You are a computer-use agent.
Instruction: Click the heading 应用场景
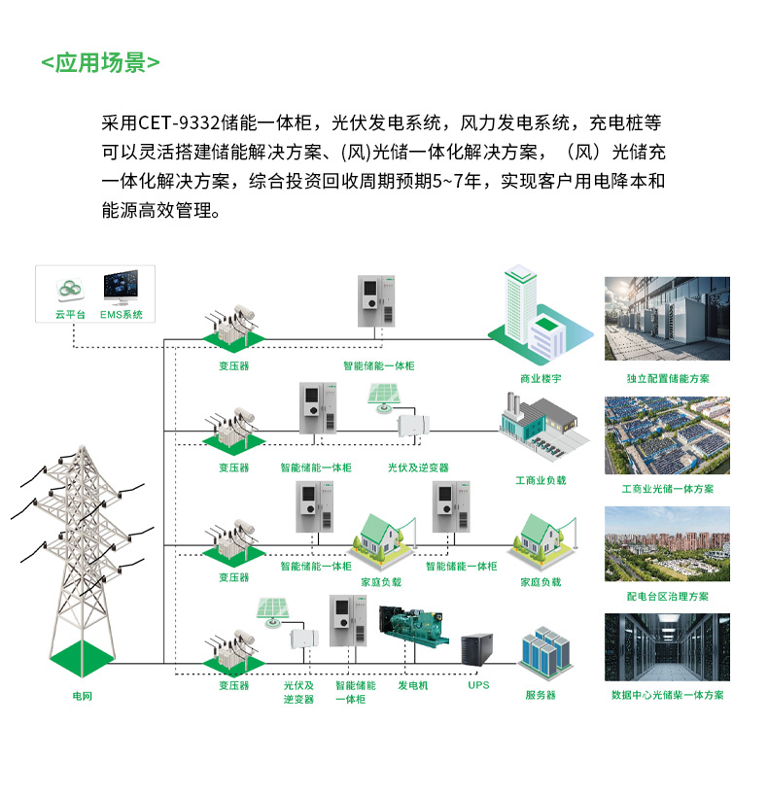coord(101,63)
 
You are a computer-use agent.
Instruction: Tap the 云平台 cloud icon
coord(70,289)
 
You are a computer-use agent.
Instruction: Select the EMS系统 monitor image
coord(122,288)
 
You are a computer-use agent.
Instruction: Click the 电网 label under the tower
coord(83,696)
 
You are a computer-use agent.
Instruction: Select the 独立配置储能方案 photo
coord(667,319)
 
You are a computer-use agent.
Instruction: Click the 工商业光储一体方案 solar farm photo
coord(667,434)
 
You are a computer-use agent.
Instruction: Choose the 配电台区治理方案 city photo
coord(667,544)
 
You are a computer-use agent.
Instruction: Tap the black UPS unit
coord(477,648)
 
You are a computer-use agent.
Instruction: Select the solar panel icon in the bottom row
coord(270,611)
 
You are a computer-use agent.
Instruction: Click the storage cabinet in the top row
coord(378,302)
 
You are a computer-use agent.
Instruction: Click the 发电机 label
coord(413,685)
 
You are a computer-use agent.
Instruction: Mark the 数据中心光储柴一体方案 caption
coord(667,695)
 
